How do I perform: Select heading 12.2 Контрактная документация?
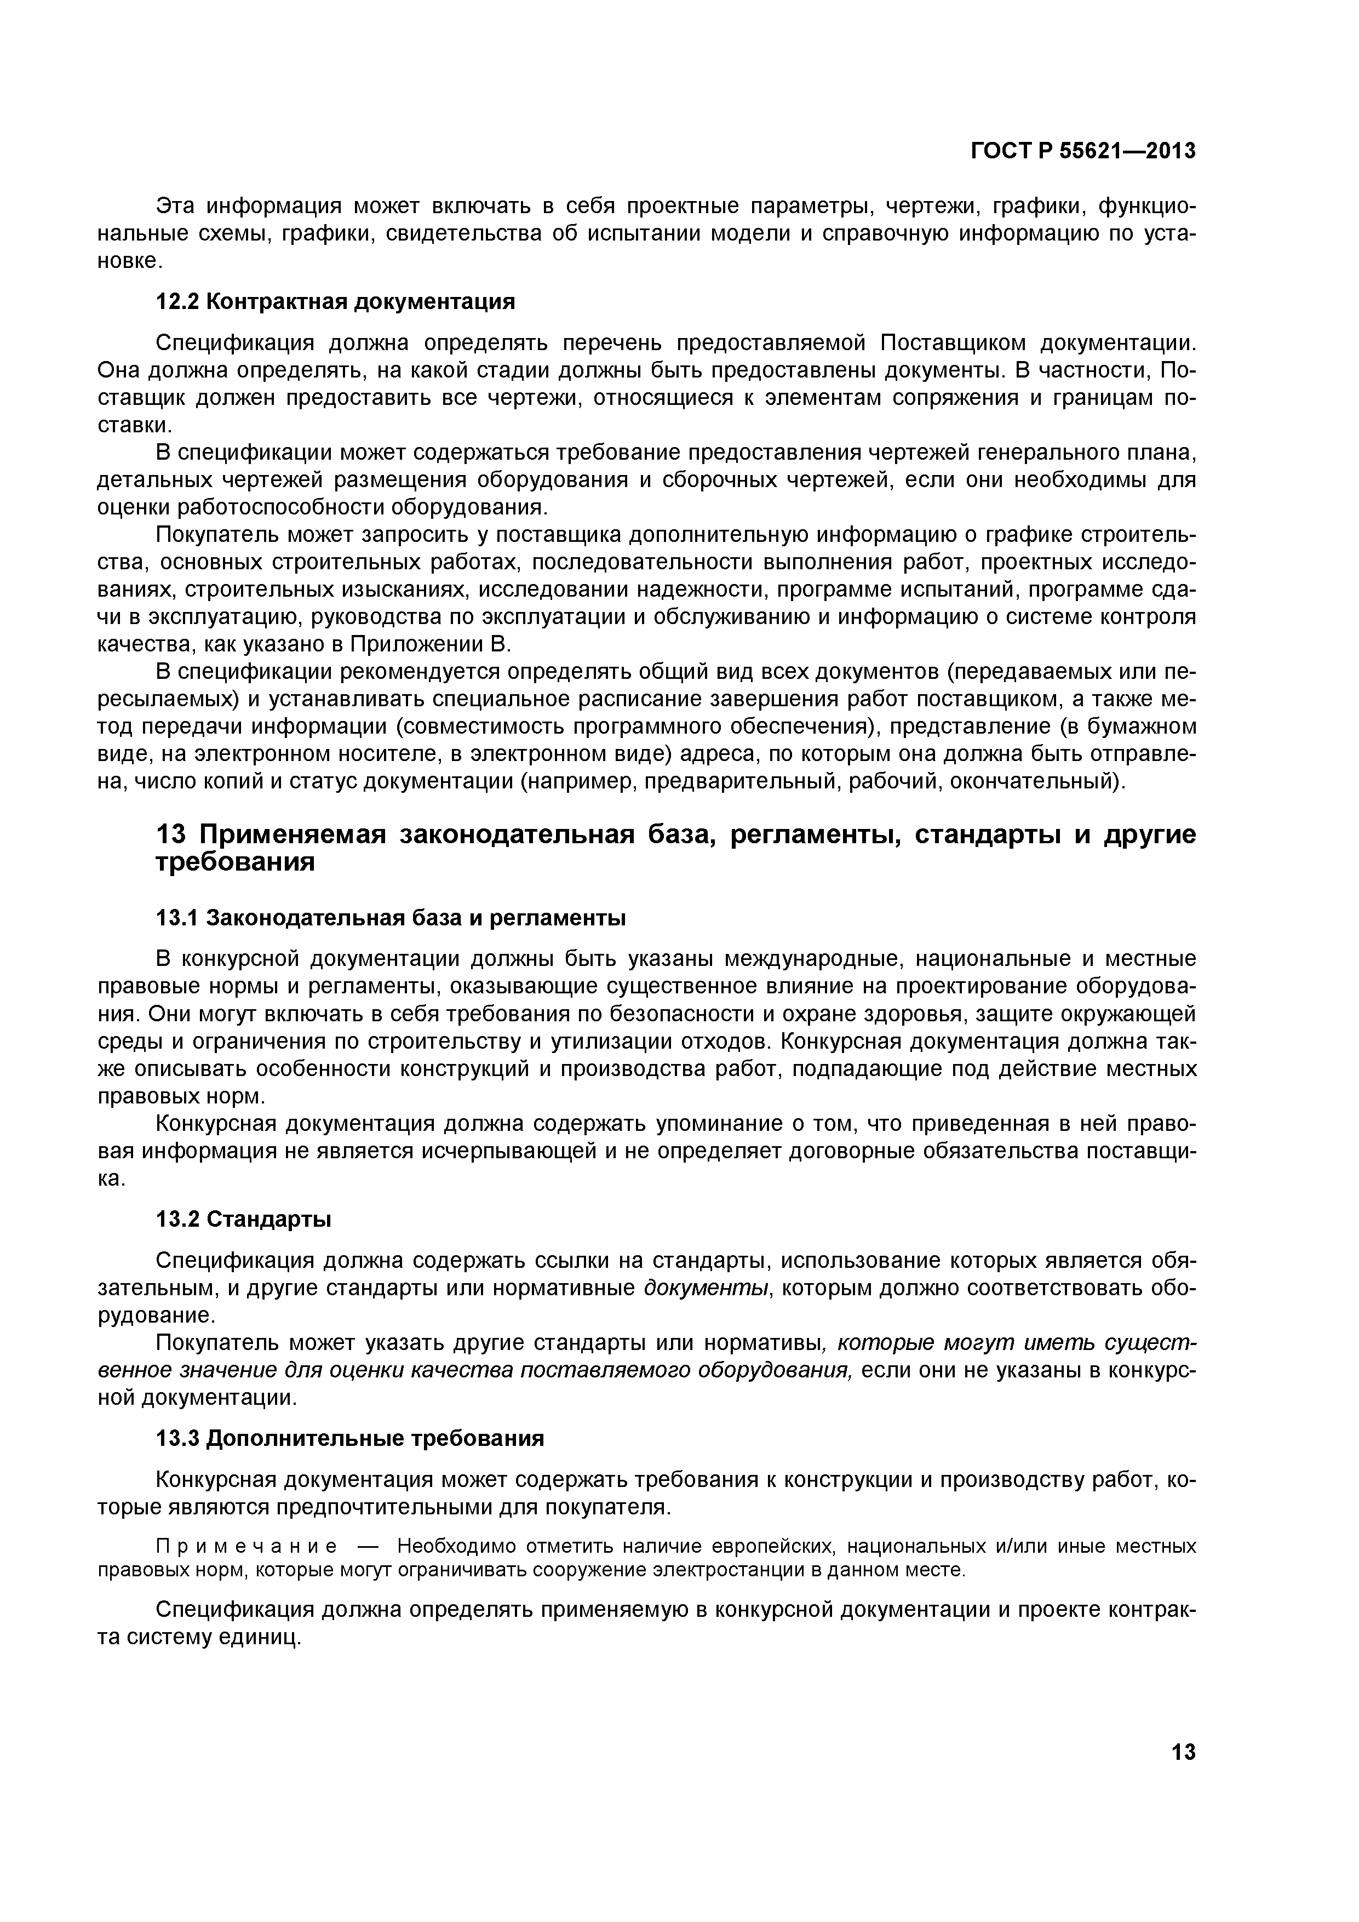[x=336, y=301]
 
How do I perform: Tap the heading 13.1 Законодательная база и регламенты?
[x=391, y=918]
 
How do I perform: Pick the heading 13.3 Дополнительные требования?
[x=350, y=1438]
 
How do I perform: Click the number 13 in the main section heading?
[x=173, y=834]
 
